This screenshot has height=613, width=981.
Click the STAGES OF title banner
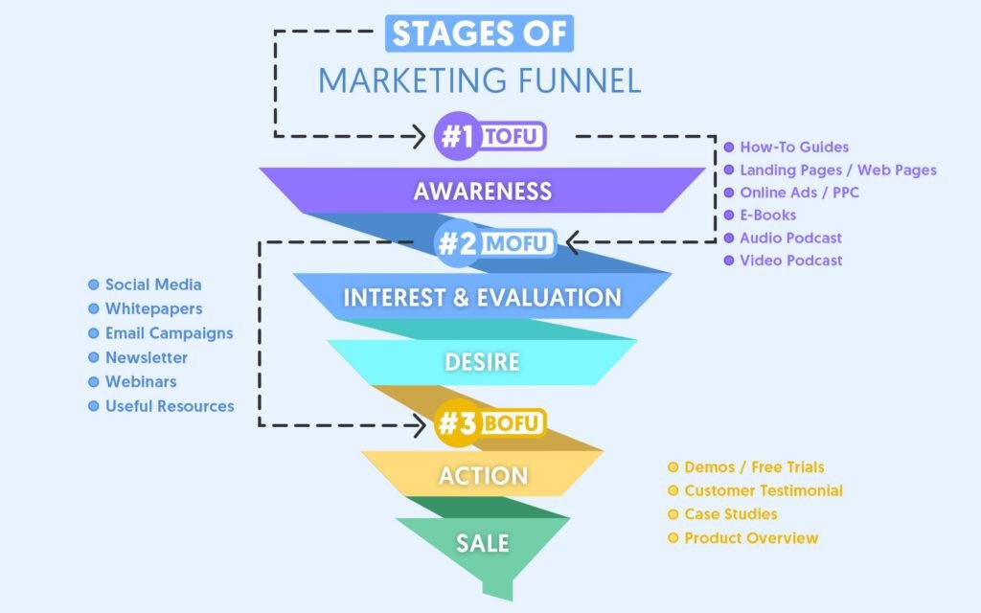point(479,34)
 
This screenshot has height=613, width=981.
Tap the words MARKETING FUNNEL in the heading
point(480,80)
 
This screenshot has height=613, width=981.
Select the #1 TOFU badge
point(490,136)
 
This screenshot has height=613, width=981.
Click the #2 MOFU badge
point(495,242)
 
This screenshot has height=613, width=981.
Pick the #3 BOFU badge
point(490,423)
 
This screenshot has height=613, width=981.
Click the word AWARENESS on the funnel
point(483,191)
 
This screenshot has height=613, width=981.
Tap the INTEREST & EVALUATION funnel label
point(483,297)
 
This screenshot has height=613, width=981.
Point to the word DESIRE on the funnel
point(483,361)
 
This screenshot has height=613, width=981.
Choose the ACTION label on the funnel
point(483,475)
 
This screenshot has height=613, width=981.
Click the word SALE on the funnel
point(483,543)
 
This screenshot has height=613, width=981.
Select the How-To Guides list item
point(794,147)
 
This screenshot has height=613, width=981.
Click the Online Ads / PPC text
point(799,193)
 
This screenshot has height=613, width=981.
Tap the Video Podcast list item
point(790,261)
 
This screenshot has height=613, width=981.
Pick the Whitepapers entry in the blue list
point(154,308)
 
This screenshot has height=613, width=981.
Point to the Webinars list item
point(141,381)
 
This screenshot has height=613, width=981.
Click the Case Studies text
point(731,514)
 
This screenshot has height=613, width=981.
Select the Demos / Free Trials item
point(754,466)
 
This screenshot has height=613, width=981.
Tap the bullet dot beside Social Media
point(94,284)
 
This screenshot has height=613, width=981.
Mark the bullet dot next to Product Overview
point(673,538)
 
